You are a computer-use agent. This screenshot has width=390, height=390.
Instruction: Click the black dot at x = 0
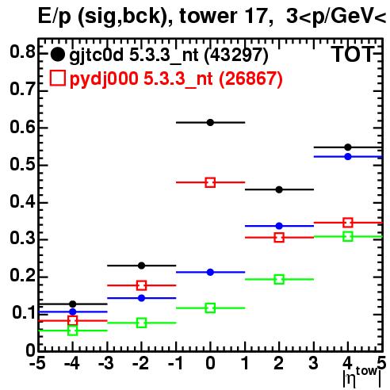(x=210, y=122)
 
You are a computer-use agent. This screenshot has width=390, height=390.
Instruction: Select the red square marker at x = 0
(x=210, y=182)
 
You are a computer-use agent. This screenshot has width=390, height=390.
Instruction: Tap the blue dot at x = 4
(x=348, y=157)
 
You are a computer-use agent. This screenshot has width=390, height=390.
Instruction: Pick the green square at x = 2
(x=279, y=279)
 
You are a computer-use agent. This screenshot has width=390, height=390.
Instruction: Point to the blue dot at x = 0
(x=210, y=272)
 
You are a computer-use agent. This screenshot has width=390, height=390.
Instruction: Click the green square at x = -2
(x=142, y=323)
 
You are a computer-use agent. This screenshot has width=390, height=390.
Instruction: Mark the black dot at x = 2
(x=279, y=189)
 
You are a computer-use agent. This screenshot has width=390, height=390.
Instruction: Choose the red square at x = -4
(x=72, y=321)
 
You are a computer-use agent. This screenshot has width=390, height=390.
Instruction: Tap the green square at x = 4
(x=348, y=236)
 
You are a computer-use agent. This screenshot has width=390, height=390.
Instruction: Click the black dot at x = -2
(x=142, y=266)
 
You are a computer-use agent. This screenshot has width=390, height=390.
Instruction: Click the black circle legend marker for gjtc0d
(x=57, y=55)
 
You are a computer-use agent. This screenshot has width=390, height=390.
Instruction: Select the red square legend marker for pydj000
(x=57, y=78)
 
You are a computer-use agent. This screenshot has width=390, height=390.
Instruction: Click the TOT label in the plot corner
(x=353, y=55)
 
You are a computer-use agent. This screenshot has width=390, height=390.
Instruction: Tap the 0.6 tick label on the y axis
(x=22, y=127)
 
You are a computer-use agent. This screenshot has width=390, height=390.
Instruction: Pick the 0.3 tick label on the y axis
(x=22, y=239)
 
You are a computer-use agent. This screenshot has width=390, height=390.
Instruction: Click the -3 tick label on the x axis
(x=107, y=363)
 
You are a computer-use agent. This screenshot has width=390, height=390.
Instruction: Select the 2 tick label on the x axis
(x=279, y=363)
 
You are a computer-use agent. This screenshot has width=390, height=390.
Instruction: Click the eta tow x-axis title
(x=361, y=377)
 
